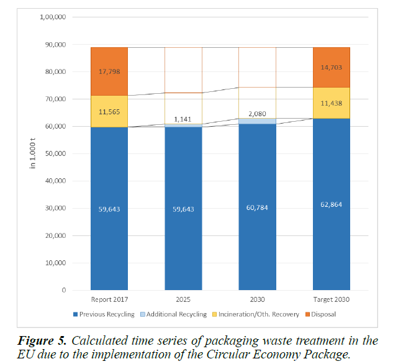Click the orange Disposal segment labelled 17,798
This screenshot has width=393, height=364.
pos(109,71)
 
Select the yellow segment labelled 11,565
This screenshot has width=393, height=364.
pos(109,112)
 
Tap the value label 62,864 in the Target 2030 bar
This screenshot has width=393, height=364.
pos(331,209)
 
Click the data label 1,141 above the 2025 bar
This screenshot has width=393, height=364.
pos(183,119)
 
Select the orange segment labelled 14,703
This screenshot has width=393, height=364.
pos(331,67)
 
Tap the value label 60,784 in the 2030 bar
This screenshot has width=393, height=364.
pos(257,209)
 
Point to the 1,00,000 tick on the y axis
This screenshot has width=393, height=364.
pos(53,17)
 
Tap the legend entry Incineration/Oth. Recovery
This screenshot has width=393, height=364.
pos(263,314)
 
